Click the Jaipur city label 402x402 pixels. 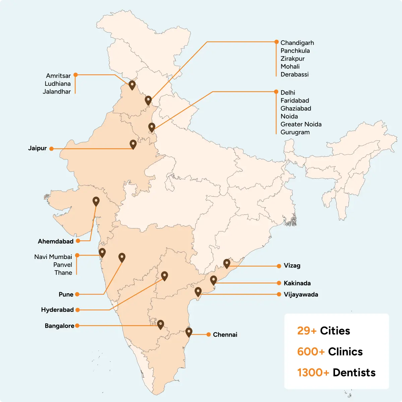[38, 148]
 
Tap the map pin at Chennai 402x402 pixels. [189, 332]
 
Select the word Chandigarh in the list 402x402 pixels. [297, 43]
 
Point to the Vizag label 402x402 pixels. [292, 266]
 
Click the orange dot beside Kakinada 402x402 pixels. [279, 283]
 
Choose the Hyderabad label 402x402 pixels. [57, 310]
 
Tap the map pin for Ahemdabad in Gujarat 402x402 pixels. [96, 201]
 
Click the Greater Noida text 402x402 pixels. [301, 124]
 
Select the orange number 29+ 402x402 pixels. [307, 331]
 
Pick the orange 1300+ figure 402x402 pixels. [313, 373]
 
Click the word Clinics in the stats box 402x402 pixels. [345, 352]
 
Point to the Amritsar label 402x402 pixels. [58, 76]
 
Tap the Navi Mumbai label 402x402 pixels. [53, 257]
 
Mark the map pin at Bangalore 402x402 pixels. [161, 324]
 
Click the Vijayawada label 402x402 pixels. [301, 294]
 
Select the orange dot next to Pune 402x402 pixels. [77, 294]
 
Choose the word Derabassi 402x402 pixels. [294, 74]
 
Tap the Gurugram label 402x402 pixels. [295, 132]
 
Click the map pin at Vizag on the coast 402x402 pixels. [227, 263]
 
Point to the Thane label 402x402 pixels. [63, 273]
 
